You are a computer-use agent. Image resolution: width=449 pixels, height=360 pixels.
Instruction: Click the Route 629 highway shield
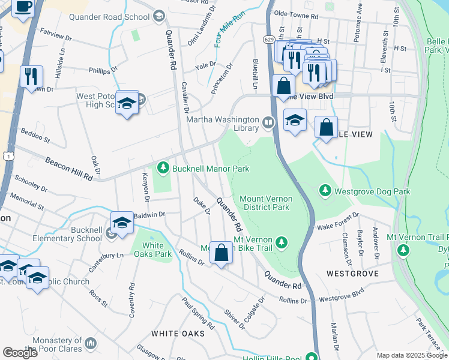click(268, 39)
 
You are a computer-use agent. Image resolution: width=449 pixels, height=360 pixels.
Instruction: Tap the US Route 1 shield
click(7, 156)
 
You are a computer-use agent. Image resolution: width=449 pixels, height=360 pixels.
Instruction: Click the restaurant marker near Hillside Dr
click(31, 77)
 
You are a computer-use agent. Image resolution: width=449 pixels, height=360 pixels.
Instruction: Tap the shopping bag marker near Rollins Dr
click(221, 253)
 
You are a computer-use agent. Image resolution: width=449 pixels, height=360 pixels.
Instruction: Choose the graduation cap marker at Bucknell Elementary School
click(122, 224)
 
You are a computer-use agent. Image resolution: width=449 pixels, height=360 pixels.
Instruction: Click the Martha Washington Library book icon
click(268, 123)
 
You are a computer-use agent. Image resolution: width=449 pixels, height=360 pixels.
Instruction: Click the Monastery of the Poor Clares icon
click(91, 343)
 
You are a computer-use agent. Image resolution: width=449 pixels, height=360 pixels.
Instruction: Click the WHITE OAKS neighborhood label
click(174, 333)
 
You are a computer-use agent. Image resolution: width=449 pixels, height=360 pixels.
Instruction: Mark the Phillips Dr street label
click(103, 71)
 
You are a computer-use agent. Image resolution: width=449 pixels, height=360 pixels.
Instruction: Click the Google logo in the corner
click(20, 352)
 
